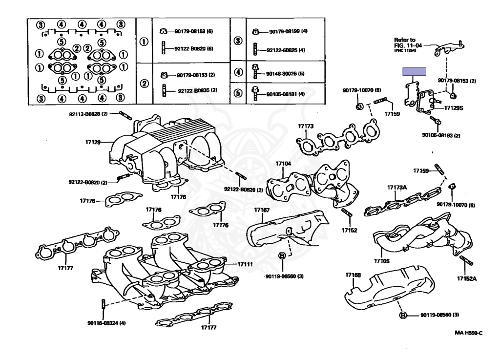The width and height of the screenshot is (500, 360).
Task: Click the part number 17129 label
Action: [92, 142]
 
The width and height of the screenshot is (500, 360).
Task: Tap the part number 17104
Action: [283, 164]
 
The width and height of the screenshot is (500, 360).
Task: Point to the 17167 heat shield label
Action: [262, 210]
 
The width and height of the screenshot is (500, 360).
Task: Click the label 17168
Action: [353, 275]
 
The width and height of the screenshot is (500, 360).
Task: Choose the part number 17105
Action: [382, 261]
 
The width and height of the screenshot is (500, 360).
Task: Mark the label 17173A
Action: [397, 188]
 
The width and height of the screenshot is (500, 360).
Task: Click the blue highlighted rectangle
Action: [414, 71]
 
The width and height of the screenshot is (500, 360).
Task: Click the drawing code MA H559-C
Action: [468, 333]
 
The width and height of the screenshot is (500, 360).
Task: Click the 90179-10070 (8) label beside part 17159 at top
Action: [362, 90]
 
